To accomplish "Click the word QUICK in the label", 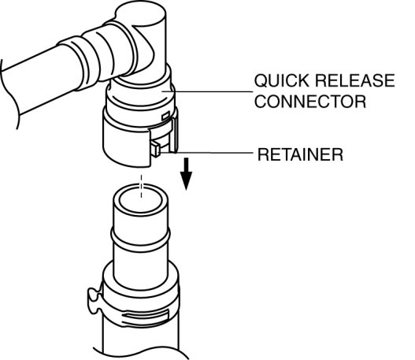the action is tap(281, 80).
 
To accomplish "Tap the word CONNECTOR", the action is tap(310, 102).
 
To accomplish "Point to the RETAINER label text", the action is tap(300, 154).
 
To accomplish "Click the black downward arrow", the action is tap(187, 173).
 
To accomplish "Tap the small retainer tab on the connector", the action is tap(155, 149).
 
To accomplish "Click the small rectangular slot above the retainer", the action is tap(165, 116).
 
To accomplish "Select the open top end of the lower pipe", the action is tap(140, 199).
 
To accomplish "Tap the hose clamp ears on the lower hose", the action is tap(94, 301).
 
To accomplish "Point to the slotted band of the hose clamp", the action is tap(146, 317).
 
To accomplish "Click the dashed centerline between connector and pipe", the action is tap(141, 186).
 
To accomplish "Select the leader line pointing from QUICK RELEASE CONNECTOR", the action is tap(207, 91).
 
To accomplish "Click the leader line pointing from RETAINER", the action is tap(207, 153).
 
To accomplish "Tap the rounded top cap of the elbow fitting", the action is tap(141, 13).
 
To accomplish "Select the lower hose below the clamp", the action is tap(140, 341).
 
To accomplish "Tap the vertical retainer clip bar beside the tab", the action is tap(174, 135).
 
